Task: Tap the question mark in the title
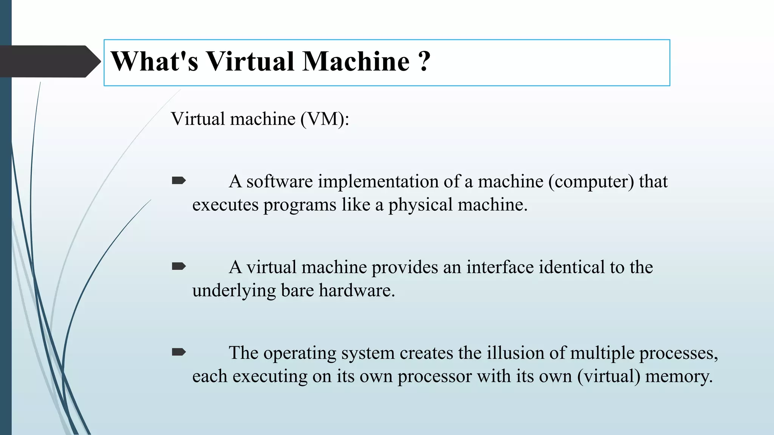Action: click(x=424, y=62)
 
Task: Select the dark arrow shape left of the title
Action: click(x=49, y=62)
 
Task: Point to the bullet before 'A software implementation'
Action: click(x=178, y=181)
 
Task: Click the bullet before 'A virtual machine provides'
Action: click(x=178, y=267)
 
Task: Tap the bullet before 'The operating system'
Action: click(x=178, y=353)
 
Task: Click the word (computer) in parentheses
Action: click(x=591, y=182)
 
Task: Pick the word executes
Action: click(x=225, y=205)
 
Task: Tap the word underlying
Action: click(x=234, y=291)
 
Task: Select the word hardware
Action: click(x=356, y=291)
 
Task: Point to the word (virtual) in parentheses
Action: click(x=608, y=376)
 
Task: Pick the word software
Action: click(x=279, y=182)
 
